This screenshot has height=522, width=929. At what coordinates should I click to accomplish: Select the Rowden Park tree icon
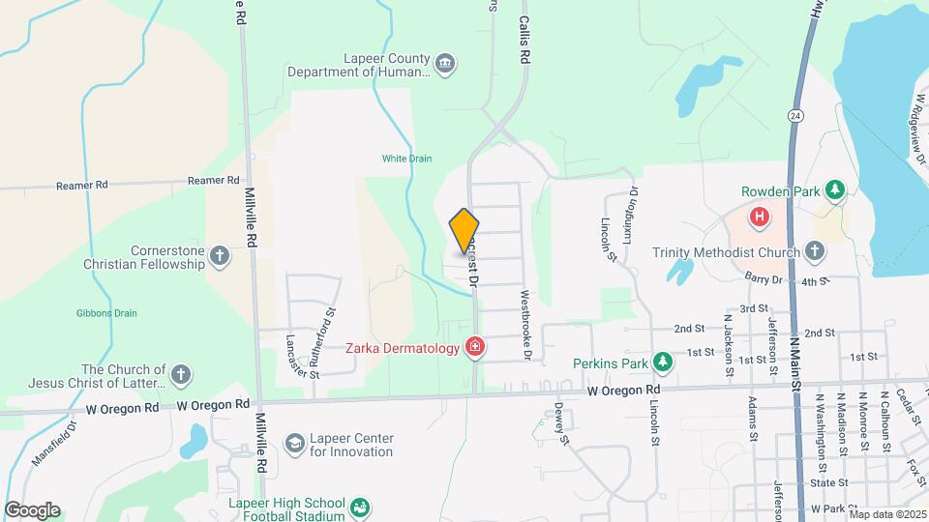click(832, 190)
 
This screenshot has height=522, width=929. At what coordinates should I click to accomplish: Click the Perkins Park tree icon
click(662, 362)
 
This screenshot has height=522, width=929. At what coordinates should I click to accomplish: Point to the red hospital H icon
click(760, 216)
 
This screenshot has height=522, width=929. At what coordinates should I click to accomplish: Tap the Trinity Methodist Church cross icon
click(815, 252)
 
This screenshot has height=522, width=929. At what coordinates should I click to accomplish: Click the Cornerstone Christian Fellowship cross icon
click(220, 256)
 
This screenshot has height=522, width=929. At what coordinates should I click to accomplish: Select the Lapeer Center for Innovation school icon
click(293, 443)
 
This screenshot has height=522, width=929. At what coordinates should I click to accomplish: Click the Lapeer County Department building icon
click(445, 64)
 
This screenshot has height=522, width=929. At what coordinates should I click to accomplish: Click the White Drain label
click(406, 159)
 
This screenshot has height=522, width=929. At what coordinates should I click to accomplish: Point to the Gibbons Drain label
click(106, 313)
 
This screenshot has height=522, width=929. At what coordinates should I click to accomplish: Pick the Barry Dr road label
click(764, 279)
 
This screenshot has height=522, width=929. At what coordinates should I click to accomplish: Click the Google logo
click(32, 510)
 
